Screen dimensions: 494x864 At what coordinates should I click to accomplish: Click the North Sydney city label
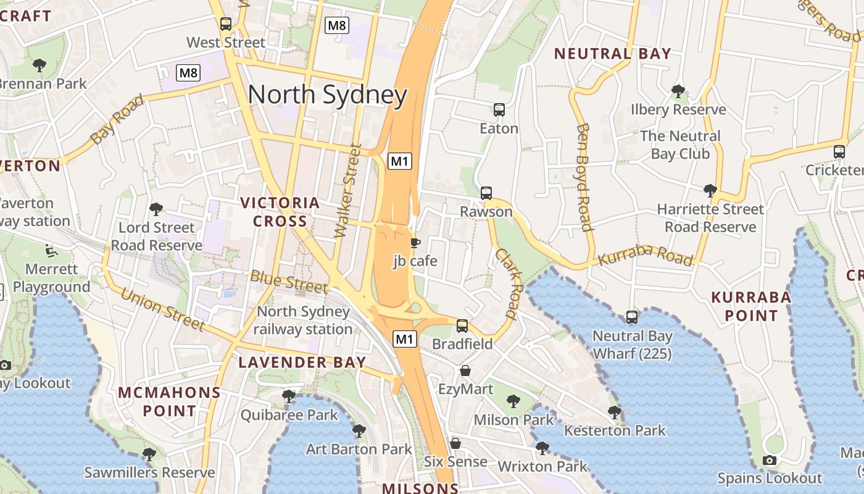[x=327, y=95]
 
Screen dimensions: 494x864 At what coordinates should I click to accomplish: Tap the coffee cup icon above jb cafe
[x=415, y=243]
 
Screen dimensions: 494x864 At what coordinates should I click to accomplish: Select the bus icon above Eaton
[x=499, y=110]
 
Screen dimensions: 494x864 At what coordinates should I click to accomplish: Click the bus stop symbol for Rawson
[x=486, y=193]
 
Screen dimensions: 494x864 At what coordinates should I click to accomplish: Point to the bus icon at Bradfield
[x=462, y=325]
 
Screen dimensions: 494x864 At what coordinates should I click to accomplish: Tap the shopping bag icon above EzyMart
[x=465, y=371]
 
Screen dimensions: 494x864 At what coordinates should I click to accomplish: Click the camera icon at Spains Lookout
[x=769, y=460]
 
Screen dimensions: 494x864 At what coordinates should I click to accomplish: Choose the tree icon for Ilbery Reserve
[x=678, y=91]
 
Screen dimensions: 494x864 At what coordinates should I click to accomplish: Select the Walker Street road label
[x=347, y=191]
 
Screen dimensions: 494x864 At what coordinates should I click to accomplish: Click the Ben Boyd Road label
[x=584, y=177]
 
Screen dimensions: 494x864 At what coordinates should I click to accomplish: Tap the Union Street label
[x=162, y=308]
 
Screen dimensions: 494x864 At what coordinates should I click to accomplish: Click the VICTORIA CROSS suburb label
[x=280, y=212]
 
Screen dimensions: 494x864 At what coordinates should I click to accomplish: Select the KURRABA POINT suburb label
[x=751, y=306]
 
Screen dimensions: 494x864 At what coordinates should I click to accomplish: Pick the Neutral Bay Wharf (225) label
[x=632, y=345]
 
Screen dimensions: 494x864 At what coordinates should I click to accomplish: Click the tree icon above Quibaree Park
[x=288, y=396]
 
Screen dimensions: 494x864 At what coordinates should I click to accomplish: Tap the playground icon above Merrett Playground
[x=51, y=251]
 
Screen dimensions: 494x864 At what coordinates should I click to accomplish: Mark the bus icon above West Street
[x=226, y=24]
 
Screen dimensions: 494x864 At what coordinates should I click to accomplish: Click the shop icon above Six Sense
[x=455, y=443]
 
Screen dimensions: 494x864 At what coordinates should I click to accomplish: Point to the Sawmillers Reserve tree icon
[x=149, y=454]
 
